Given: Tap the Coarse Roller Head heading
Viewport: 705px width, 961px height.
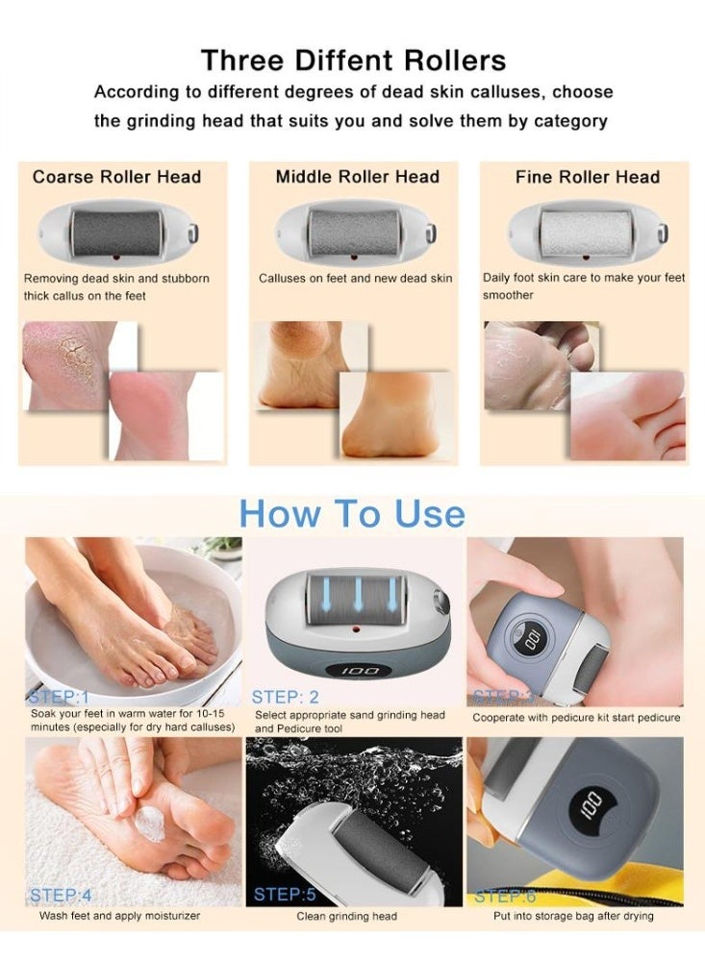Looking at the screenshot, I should pos(116,177).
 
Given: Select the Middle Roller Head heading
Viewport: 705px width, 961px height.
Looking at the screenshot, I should pos(357,177).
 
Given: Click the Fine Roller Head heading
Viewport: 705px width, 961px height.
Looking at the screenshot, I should pos(587,177).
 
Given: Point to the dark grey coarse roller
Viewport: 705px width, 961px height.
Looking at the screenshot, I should pos(116,231).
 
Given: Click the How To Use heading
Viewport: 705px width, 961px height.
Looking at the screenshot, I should pos(352,513).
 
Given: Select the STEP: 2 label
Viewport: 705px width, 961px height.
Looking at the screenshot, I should pos(285,697).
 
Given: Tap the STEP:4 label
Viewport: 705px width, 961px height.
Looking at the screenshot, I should pos(61,896).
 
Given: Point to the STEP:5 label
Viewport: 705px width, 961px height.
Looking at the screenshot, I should pos(285,895).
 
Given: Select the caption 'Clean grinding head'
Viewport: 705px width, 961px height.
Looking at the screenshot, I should pos(347,917).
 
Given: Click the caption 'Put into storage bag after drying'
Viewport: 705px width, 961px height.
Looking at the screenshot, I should pos(573,916).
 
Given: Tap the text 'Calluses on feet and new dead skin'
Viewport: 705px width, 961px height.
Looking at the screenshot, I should pos(355,279).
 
